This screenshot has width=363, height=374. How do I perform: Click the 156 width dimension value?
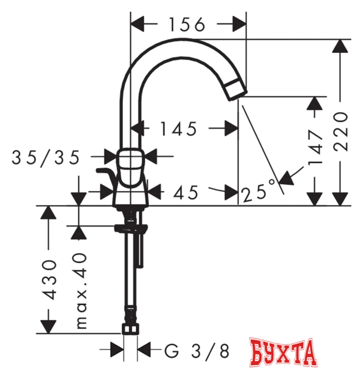pyautogui.click(x=187, y=25)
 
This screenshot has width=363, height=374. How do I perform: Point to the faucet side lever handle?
pyautogui.click(x=105, y=174)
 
